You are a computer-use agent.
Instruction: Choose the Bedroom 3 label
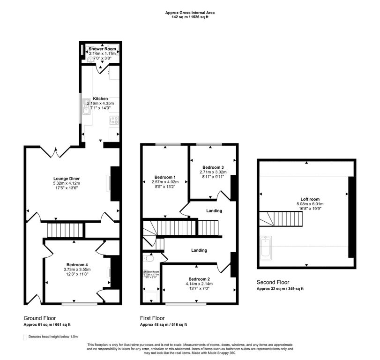coord(213,167)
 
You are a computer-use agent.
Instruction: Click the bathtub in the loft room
coord(265,247)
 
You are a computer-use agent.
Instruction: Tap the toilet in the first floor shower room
coord(149,257)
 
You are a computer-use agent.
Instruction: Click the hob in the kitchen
coord(114,120)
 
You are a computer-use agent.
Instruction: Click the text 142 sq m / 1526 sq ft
coord(190,17)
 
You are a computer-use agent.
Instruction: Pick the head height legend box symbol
coord(25,337)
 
